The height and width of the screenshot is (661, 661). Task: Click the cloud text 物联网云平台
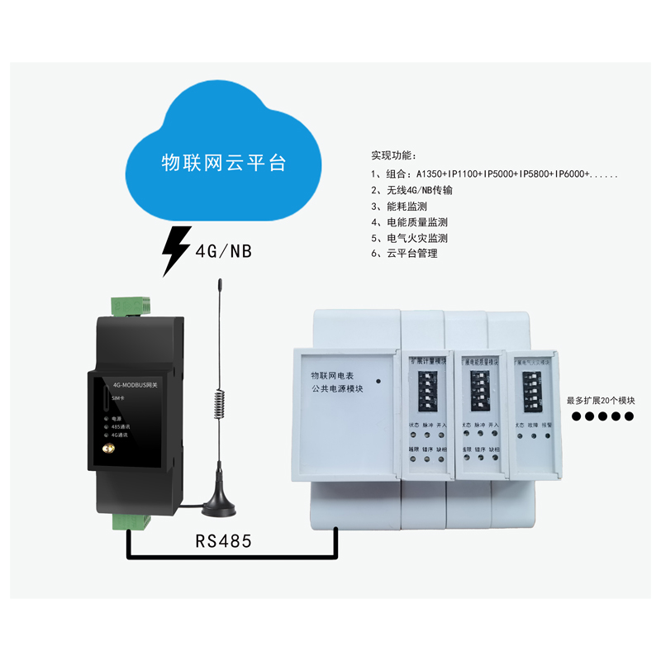point(223,162)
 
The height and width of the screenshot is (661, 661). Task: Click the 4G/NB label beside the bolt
point(222,250)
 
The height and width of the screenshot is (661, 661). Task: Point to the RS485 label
point(223,541)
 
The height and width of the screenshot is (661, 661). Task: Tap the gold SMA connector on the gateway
point(106,450)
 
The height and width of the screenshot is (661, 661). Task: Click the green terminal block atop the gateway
point(130,306)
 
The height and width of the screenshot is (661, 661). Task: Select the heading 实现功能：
point(394,155)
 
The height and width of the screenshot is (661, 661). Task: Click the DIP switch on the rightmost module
point(533,387)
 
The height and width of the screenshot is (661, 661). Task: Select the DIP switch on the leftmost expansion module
point(428,388)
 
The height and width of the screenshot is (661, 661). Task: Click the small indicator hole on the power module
point(378,382)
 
